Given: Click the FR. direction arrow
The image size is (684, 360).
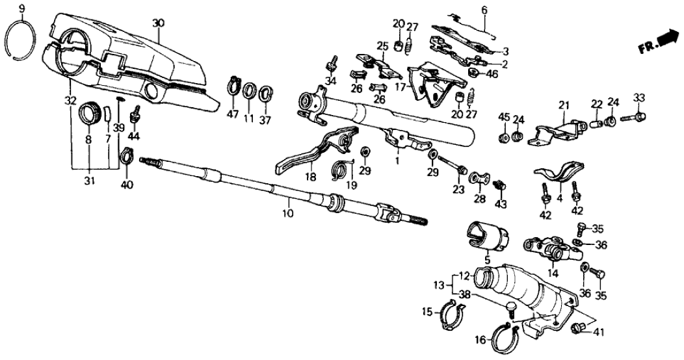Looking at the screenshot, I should [x=659, y=43].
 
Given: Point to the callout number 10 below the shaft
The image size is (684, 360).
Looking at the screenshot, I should [x=288, y=212].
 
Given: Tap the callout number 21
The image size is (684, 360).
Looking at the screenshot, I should [x=564, y=105].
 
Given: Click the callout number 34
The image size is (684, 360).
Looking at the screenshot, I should [x=330, y=81].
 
